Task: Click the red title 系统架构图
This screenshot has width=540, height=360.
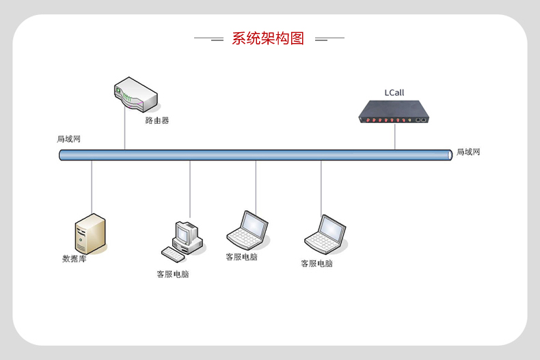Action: (268, 38)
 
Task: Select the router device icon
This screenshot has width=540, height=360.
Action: (136, 94)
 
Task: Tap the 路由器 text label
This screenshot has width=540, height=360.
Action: (157, 120)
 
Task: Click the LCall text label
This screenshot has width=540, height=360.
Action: (394, 93)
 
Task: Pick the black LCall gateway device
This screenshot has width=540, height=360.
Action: (394, 112)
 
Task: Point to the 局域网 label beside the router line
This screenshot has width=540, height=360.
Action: (68, 139)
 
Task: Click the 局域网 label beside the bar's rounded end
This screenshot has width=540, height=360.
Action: (468, 152)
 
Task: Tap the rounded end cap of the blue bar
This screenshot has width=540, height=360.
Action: (450, 155)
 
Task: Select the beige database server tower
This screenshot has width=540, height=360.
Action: (90, 234)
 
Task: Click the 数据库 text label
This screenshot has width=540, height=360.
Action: (74, 259)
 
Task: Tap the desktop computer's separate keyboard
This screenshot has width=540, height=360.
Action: (173, 255)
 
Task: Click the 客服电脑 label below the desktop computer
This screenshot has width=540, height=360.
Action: (173, 274)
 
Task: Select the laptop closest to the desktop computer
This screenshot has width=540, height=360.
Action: (247, 230)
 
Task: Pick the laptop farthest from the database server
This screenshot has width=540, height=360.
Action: (325, 234)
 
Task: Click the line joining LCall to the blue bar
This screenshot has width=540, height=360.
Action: (394, 137)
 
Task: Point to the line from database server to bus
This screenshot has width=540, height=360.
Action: (92, 187)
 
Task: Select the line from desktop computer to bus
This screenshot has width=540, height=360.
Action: (190, 189)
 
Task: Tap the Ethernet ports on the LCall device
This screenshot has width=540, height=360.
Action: (420, 120)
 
